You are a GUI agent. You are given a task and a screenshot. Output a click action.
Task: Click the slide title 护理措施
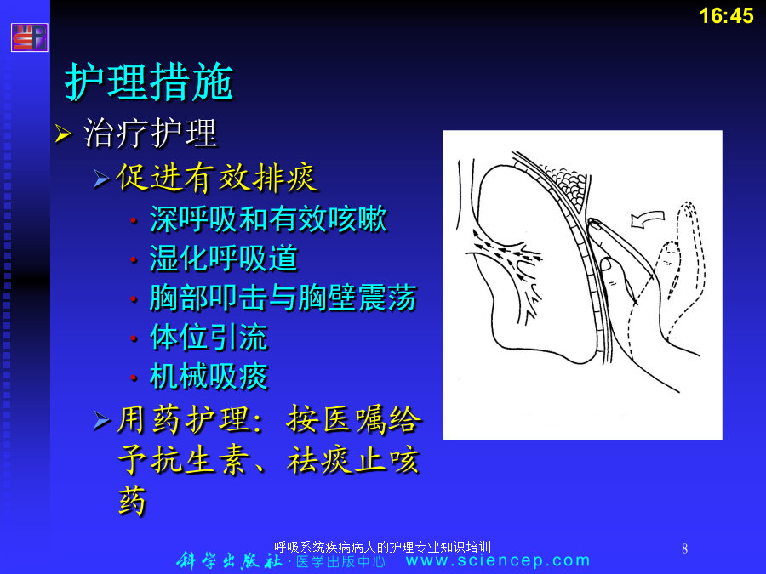pyautogui.click(x=149, y=81)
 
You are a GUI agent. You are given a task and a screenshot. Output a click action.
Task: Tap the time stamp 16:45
pyautogui.click(x=727, y=15)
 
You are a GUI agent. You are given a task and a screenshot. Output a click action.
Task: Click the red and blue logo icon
pyautogui.click(x=29, y=37)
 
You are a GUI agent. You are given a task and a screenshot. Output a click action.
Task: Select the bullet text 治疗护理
pyautogui.click(x=150, y=133)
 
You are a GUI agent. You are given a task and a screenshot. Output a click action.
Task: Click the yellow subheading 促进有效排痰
pyautogui.click(x=217, y=178)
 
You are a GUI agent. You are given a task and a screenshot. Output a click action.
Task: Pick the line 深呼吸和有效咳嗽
pyautogui.click(x=268, y=219)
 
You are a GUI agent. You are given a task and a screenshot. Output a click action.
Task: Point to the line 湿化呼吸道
pyautogui.click(x=224, y=259)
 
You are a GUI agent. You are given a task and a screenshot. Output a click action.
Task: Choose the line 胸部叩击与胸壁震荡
pyautogui.click(x=283, y=298)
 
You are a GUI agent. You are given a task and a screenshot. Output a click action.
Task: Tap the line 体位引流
pyautogui.click(x=209, y=337)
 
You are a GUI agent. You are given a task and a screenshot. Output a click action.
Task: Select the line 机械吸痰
pyautogui.click(x=209, y=377)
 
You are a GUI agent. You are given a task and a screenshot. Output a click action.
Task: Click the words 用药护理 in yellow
pyautogui.click(x=183, y=419)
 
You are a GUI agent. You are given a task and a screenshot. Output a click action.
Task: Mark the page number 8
pyautogui.click(x=684, y=548)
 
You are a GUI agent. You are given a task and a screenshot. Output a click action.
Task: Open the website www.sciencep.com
pyautogui.click(x=498, y=560)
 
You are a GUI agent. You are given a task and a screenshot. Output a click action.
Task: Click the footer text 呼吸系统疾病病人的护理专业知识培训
pyautogui.click(x=382, y=547)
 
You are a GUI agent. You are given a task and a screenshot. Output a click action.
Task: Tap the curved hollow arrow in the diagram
pyautogui.click(x=648, y=219)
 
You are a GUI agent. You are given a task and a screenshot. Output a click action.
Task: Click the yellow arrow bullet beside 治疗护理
pyautogui.click(x=63, y=134)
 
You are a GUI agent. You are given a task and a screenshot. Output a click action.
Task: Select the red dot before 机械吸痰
pyautogui.click(x=134, y=378)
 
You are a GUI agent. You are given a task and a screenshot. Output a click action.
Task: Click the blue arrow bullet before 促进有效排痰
pyautogui.click(x=101, y=179)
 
